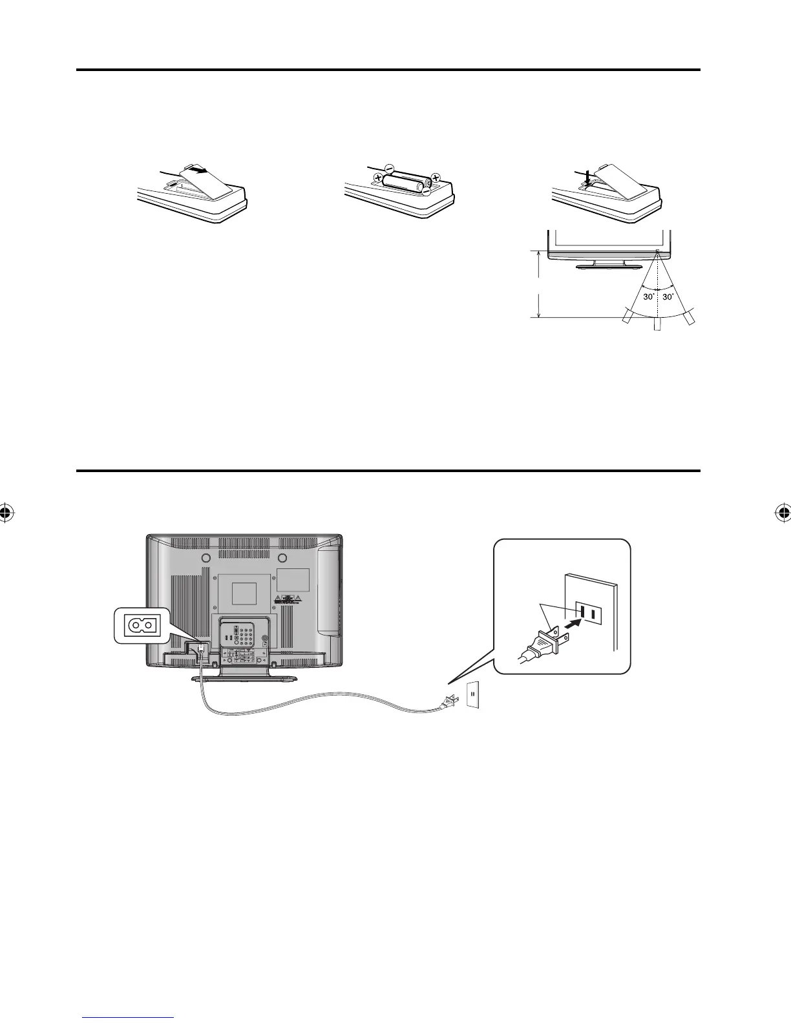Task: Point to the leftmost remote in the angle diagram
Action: coord(627,316)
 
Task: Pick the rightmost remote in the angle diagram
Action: coord(690,316)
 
